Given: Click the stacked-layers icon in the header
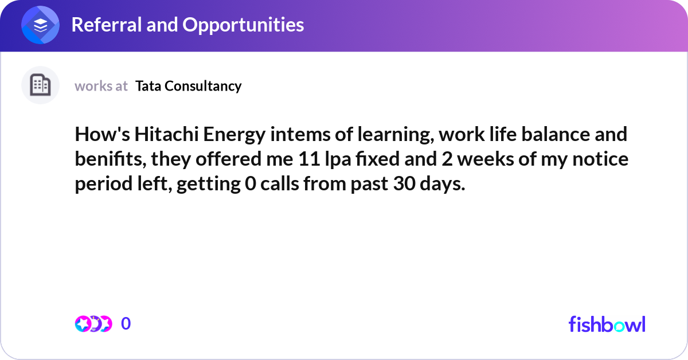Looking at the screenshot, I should [41, 25].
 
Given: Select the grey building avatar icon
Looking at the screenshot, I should [41, 85].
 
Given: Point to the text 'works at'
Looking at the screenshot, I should [101, 86].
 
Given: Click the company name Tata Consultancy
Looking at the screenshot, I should [189, 86].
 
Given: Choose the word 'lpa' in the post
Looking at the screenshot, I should [333, 159].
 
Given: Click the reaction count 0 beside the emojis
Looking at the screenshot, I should [126, 324].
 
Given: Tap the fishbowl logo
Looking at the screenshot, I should [607, 324].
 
